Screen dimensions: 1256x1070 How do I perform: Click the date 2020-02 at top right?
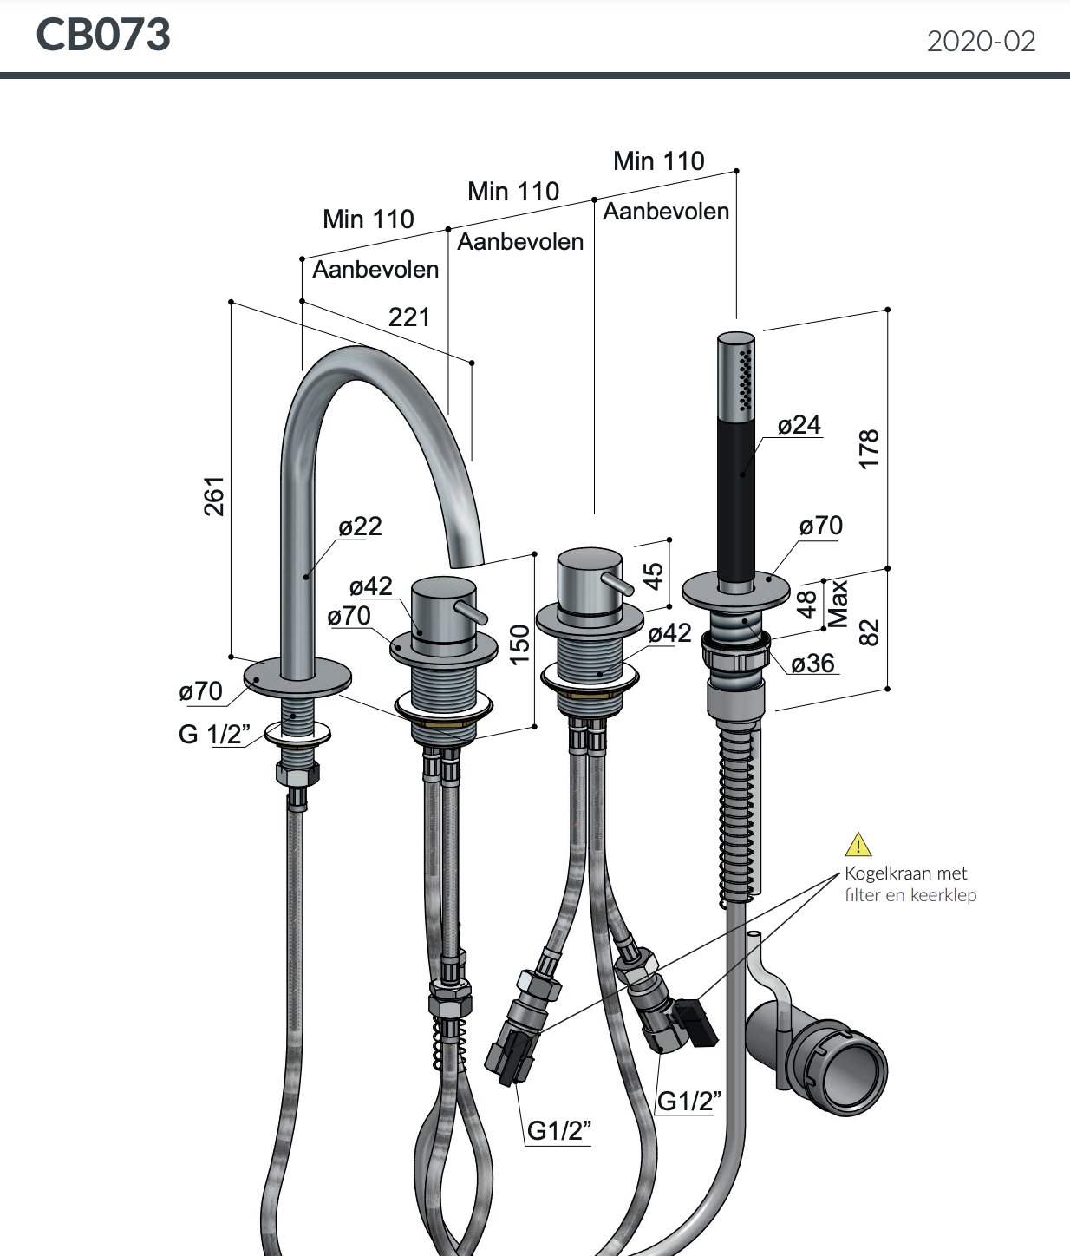[x=981, y=42]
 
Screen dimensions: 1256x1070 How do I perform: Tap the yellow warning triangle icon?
[x=858, y=844]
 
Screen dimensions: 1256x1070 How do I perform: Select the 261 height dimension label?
[x=214, y=495]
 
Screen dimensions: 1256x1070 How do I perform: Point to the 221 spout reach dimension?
[x=408, y=317]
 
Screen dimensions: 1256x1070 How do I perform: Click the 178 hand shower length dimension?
[x=869, y=448]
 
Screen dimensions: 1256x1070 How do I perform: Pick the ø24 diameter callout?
[x=799, y=425]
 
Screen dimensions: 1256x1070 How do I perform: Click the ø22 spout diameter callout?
[x=360, y=527]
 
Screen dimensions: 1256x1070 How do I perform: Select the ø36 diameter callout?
[x=812, y=664]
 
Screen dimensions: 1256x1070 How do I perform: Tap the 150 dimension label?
[x=519, y=644]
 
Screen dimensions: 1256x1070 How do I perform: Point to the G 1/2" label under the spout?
[x=213, y=734]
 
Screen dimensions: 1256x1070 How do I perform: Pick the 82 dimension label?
[x=869, y=631]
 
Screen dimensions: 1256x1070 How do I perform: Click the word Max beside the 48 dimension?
[x=838, y=604]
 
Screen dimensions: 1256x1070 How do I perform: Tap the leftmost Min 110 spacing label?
[x=368, y=219]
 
